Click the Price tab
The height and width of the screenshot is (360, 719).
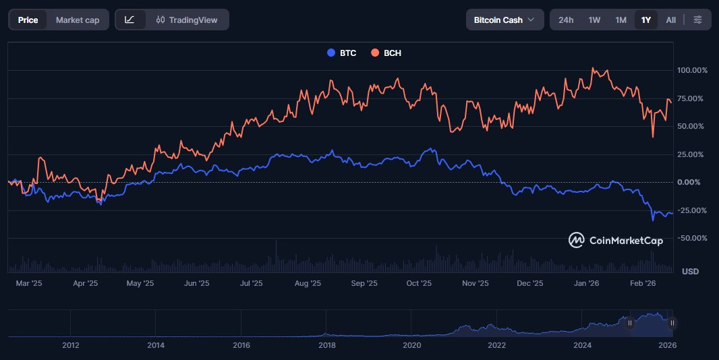(x=28, y=20)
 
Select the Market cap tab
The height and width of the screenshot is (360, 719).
(x=78, y=20)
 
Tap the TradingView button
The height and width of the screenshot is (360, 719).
(x=187, y=20)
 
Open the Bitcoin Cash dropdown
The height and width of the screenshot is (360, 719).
(x=505, y=20)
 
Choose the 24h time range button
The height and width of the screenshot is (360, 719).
(x=566, y=20)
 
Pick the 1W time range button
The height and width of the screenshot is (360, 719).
(x=594, y=20)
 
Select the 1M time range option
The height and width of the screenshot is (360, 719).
(x=621, y=20)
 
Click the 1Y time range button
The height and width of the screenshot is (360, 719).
(x=646, y=20)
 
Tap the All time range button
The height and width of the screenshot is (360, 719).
(x=670, y=20)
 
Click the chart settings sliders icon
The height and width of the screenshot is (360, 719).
(x=697, y=20)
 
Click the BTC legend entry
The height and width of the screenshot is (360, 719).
(x=342, y=53)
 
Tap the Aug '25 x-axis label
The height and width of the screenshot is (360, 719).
(x=308, y=284)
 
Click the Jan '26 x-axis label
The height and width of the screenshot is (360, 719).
(x=587, y=284)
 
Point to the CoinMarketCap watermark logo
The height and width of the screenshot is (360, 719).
(x=615, y=240)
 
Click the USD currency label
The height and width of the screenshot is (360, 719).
(x=690, y=271)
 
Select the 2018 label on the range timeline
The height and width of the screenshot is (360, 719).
(x=326, y=345)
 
